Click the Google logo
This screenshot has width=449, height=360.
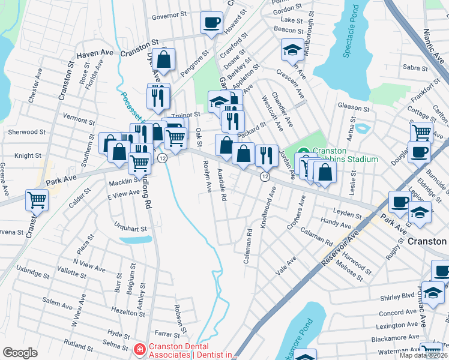tap(20, 353)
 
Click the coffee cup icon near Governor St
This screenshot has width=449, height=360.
tap(211, 23)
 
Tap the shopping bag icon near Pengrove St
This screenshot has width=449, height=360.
tap(163, 60)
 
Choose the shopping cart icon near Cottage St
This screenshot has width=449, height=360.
tap(421, 132)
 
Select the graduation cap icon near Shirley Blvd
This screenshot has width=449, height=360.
tap(432, 293)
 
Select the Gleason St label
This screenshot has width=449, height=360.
tap(354, 107)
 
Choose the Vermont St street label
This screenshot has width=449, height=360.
tap(75, 119)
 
